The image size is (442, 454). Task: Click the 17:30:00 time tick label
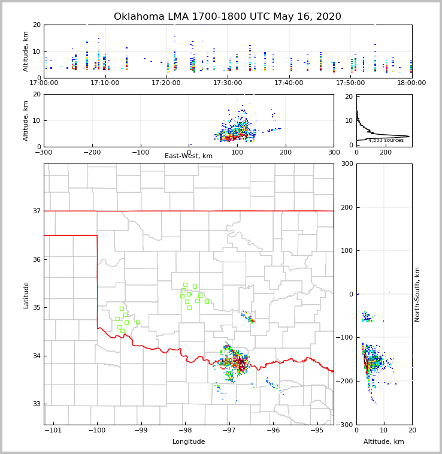(228, 83)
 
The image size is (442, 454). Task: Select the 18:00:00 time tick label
(411, 83)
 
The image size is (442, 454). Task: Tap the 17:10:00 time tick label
(105, 83)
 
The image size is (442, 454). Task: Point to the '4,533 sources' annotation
(386, 140)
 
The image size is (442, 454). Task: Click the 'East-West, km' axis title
(189, 156)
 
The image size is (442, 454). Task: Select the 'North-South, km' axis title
(417, 294)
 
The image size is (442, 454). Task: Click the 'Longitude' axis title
(189, 442)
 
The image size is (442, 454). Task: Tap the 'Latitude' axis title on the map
(26, 295)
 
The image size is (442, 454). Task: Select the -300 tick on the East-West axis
(44, 152)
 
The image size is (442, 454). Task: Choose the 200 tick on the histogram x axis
(386, 152)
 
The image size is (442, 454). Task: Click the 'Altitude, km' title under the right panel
(384, 442)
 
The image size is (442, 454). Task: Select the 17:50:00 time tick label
(350, 83)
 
